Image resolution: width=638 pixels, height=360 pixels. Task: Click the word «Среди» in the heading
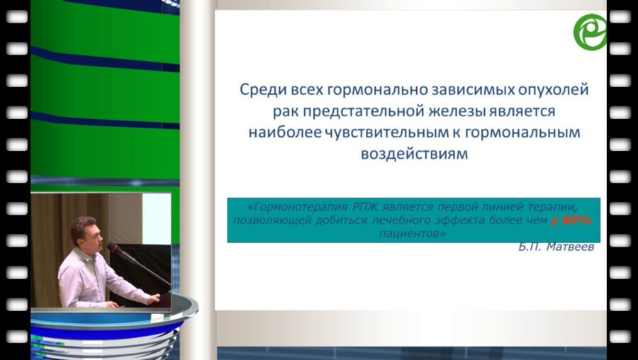[259, 91]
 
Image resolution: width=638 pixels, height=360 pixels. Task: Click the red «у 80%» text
[571, 221]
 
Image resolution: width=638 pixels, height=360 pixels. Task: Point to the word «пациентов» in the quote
[415, 234]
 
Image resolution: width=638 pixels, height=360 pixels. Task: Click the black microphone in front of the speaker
[114, 249]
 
